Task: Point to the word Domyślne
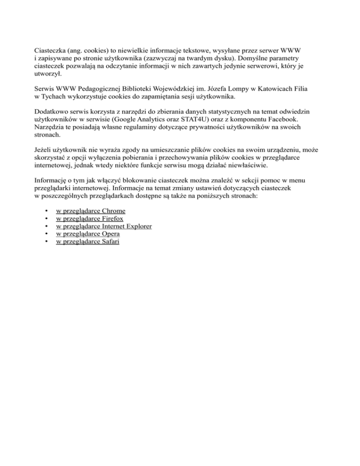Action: pyautogui.click(x=258, y=58)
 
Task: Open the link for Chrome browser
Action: pyautogui.click(x=90, y=211)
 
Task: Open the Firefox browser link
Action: pyautogui.click(x=90, y=218)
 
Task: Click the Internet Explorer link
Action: pyautogui.click(x=104, y=226)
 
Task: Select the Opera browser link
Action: pyautogui.click(x=88, y=233)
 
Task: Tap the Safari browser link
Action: pyautogui.click(x=87, y=241)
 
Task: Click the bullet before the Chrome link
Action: pyautogui.click(x=46, y=211)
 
